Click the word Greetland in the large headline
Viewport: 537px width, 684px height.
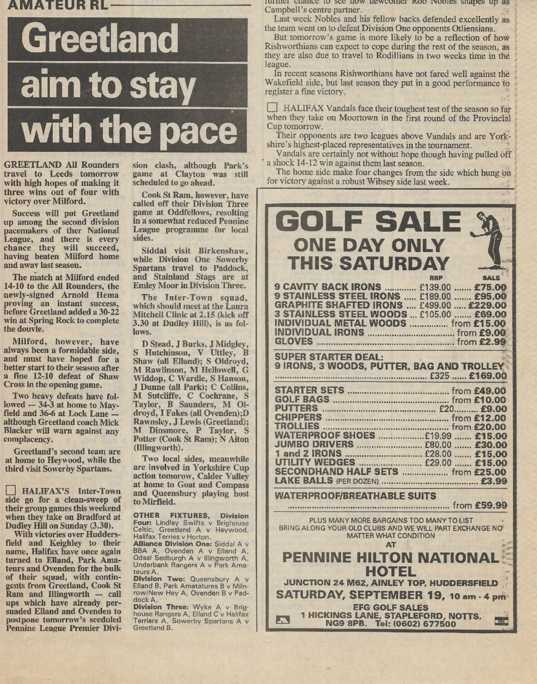point(100,39)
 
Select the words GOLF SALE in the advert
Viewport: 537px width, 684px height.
point(368,222)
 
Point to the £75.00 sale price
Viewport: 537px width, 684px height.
point(490,287)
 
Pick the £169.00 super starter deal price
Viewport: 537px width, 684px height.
point(488,376)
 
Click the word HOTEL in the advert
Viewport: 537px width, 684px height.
point(391,571)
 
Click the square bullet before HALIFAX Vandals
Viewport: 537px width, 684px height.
point(272,108)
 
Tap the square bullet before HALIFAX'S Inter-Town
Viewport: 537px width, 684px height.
point(11,491)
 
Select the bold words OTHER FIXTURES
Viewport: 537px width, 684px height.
point(171,515)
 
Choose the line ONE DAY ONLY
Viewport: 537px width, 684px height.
point(369,245)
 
